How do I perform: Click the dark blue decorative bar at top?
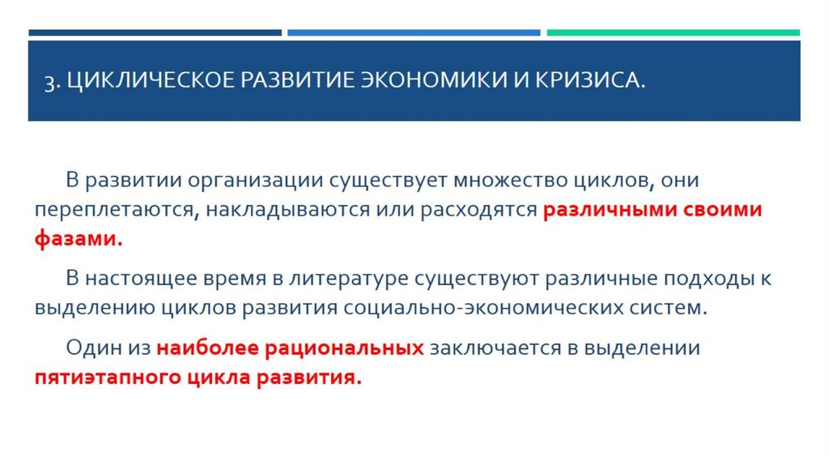pos(155,33)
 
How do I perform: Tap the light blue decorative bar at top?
pos(414,33)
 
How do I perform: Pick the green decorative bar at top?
pos(673,33)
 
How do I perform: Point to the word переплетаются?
pos(113,211)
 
